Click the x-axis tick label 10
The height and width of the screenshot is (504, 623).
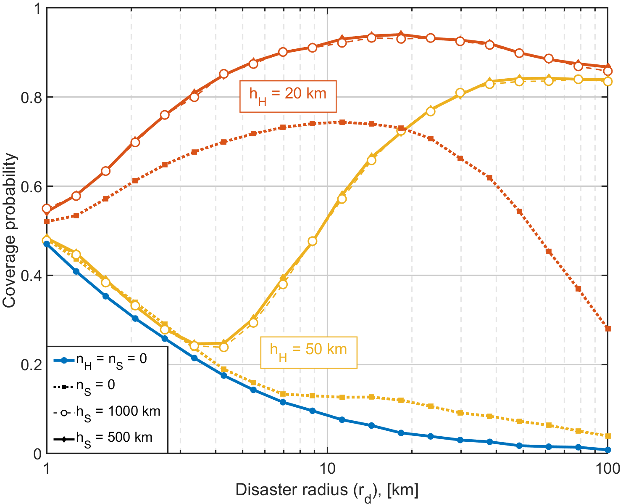pyautogui.click(x=327, y=469)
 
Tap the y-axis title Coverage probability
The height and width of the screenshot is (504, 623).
pyautogui.click(x=9, y=231)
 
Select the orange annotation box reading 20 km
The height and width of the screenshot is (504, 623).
pyautogui.click(x=288, y=96)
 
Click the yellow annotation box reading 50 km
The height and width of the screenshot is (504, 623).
pyautogui.click(x=309, y=352)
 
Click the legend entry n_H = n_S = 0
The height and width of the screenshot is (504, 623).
pyautogui.click(x=100, y=361)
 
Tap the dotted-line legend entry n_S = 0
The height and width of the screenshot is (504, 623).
pyautogui.click(x=84, y=387)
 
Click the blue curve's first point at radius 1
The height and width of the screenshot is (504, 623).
pyautogui.click(x=47, y=244)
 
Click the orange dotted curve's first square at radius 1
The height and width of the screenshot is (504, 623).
pyautogui.click(x=47, y=221)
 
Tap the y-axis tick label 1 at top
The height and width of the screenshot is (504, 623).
pyautogui.click(x=38, y=8)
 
